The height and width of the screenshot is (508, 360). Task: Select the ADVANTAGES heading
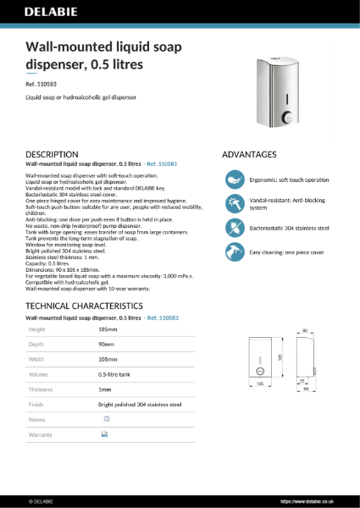point(249,155)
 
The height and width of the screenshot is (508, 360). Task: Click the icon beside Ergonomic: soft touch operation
point(234,179)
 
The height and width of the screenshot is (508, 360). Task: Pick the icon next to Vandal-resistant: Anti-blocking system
point(234,204)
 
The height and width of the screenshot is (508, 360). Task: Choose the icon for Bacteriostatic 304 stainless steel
point(234,229)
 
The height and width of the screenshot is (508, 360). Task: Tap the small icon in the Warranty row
point(104,434)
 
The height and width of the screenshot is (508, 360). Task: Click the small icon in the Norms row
point(106,419)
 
